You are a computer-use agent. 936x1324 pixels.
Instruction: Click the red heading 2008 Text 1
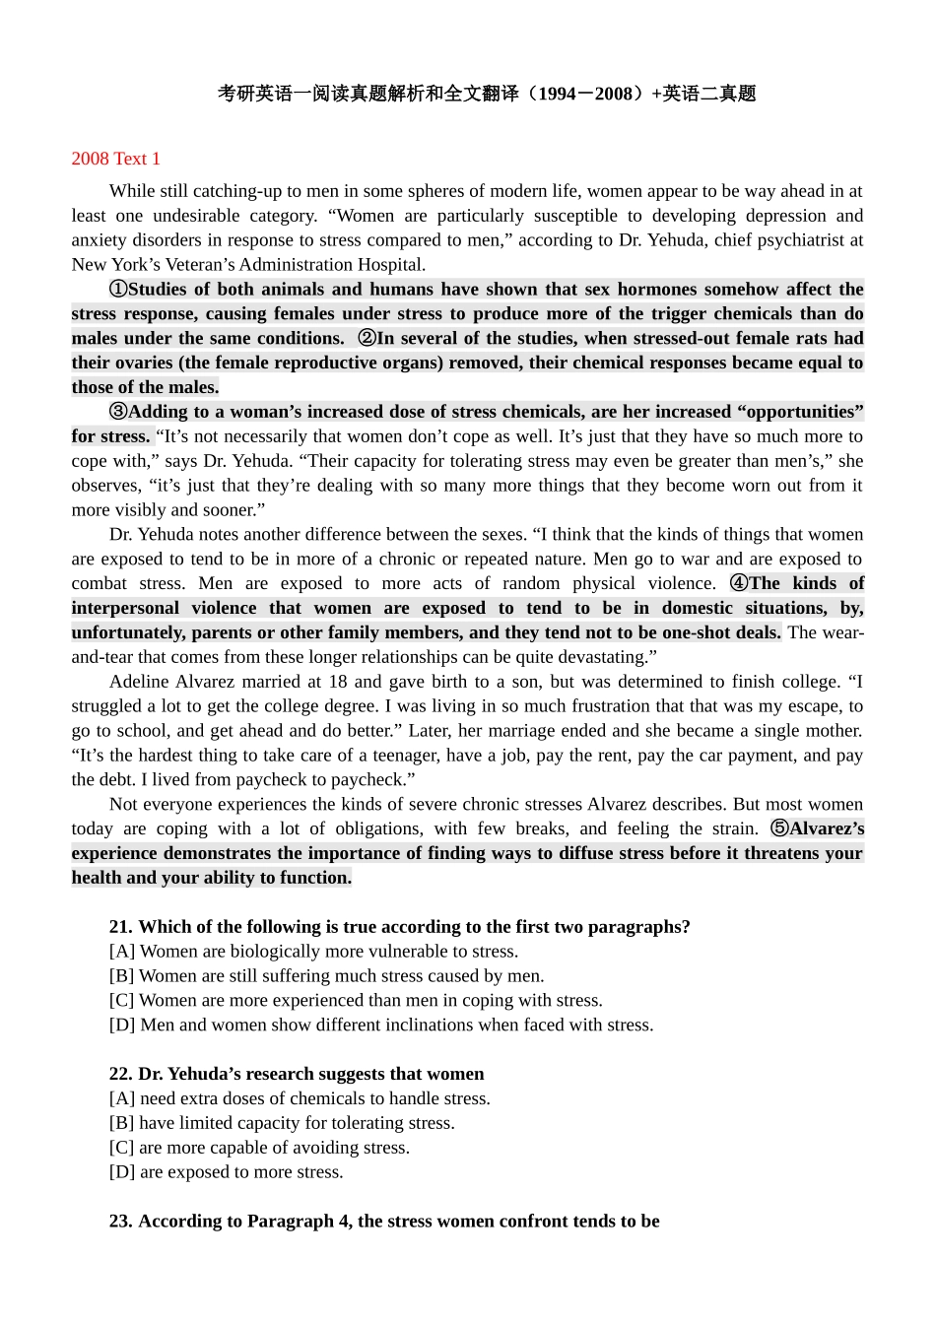coord(115,159)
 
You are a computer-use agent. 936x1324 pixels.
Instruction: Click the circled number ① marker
coord(118,290)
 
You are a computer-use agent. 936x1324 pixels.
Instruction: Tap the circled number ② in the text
coord(367,339)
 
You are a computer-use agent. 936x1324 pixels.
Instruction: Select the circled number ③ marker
coord(118,412)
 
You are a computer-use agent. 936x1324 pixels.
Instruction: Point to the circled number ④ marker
coord(739,583)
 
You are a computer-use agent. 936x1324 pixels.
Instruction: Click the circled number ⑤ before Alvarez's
coord(779,828)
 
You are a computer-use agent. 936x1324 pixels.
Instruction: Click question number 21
coord(120,927)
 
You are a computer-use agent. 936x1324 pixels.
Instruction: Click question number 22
coord(120,1074)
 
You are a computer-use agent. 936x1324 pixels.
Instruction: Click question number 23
coord(120,1222)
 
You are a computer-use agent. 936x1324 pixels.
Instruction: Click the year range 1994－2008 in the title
coord(585,95)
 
